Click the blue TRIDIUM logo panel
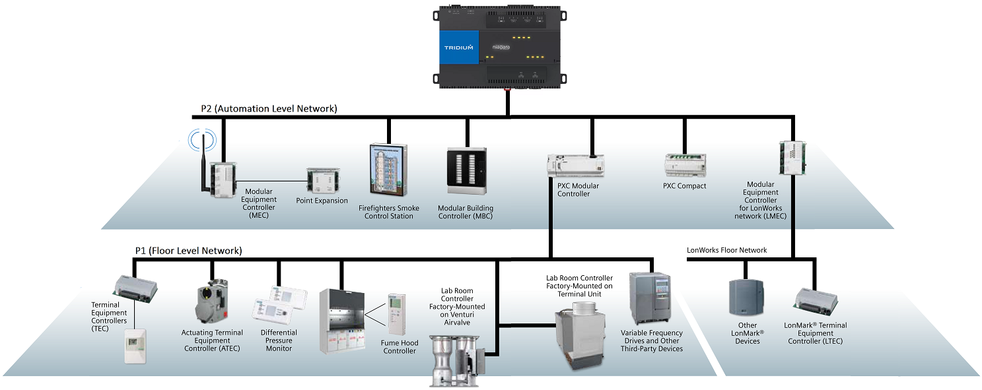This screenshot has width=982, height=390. click(x=459, y=48)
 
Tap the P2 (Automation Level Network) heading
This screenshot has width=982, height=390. click(x=269, y=109)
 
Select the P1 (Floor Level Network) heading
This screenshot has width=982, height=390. click(x=188, y=251)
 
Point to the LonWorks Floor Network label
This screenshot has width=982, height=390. click(x=726, y=250)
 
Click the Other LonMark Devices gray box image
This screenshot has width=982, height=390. click(x=746, y=298)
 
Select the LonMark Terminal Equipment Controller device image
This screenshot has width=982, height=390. click(x=815, y=300)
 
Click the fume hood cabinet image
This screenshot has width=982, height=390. click(x=341, y=321)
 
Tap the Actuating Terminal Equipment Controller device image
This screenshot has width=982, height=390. click(x=212, y=304)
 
